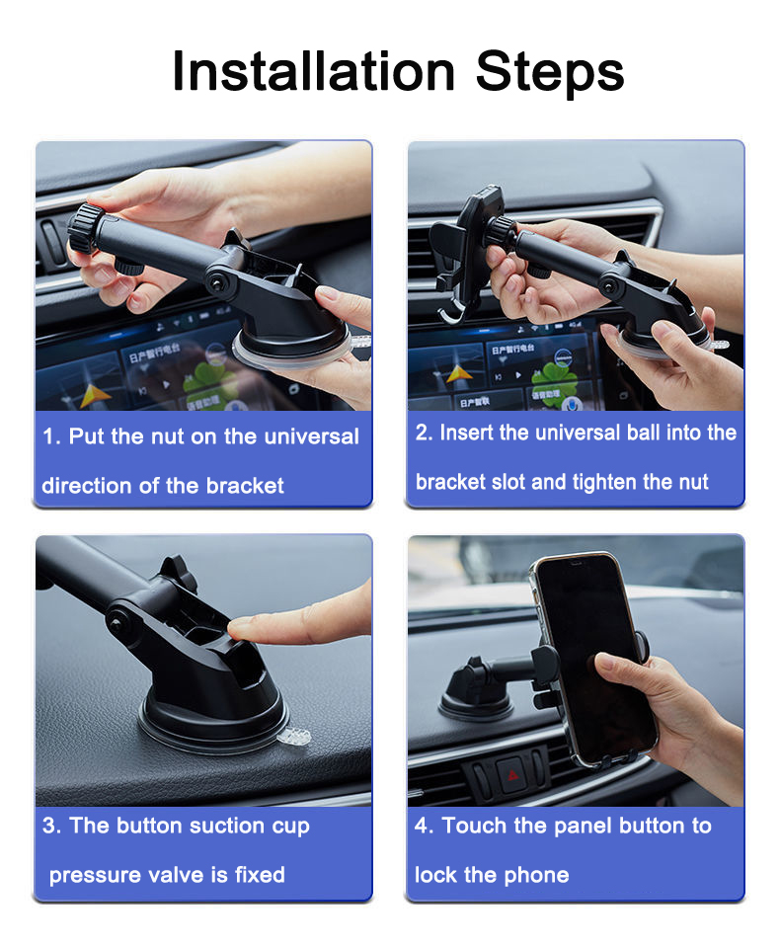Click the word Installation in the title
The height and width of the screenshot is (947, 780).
[x=313, y=71]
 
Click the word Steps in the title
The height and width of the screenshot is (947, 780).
[x=549, y=73]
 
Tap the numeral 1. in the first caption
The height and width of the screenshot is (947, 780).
[x=52, y=436]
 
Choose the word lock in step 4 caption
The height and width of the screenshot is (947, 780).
[x=435, y=875]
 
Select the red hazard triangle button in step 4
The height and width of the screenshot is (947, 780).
[x=513, y=775]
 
